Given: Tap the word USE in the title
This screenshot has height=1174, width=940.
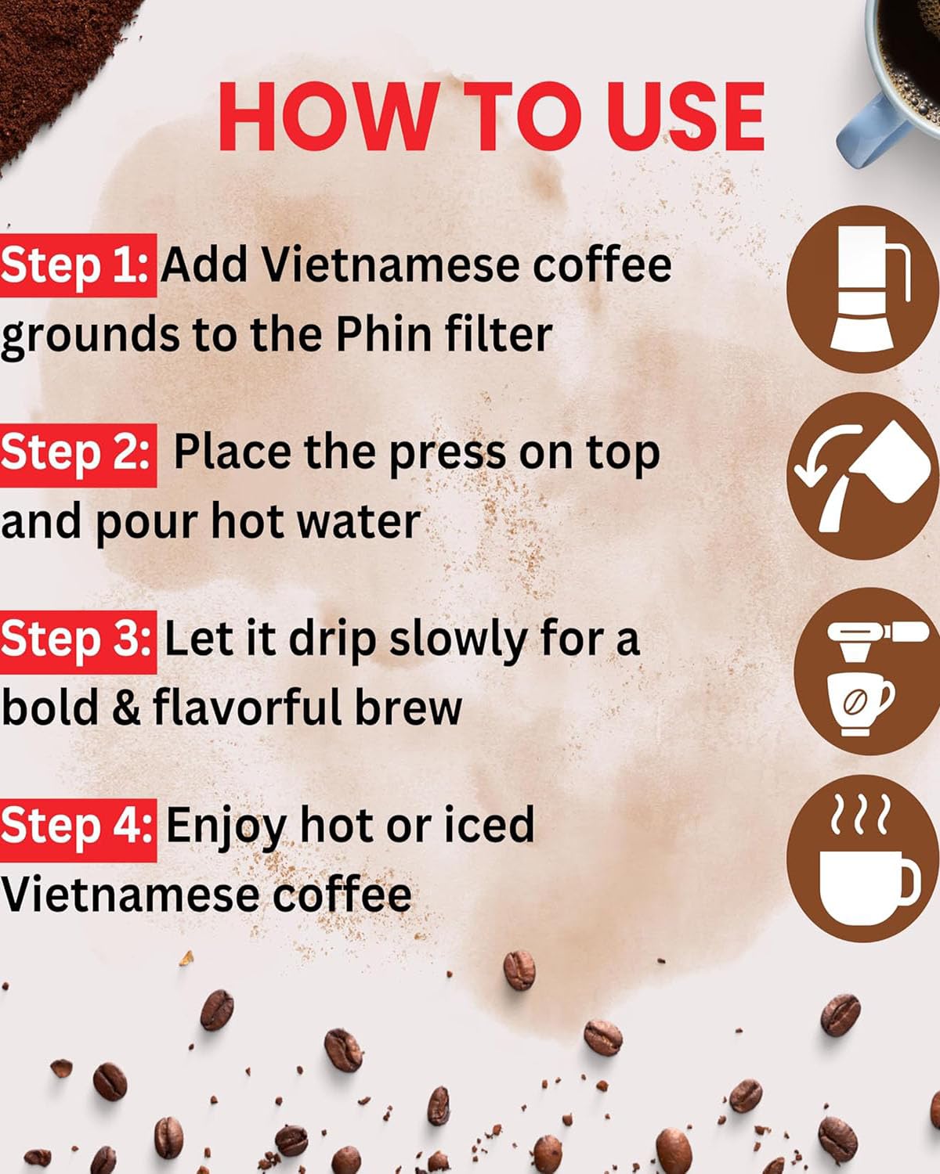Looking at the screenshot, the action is coord(685,116).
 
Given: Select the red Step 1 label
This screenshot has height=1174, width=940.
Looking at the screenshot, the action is coord(78,265).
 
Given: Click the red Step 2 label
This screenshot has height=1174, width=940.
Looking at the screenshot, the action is coord(78,455).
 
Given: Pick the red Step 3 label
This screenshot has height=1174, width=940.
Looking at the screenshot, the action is coord(78,643).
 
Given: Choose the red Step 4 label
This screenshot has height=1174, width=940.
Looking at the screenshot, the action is coord(78,830).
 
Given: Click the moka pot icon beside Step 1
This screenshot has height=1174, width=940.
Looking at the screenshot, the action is coord(869,288).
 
